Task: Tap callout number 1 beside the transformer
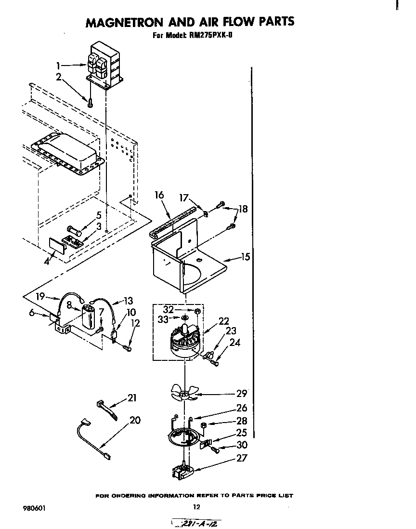[58, 66]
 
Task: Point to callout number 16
[159, 195]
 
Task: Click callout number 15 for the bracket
[246, 257]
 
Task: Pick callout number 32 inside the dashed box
[168, 310]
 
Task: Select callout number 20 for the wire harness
[135, 420]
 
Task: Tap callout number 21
[132, 398]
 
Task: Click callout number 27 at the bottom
[241, 458]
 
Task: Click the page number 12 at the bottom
[196, 506]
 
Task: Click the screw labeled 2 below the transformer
[90, 101]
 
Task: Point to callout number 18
[243, 209]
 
